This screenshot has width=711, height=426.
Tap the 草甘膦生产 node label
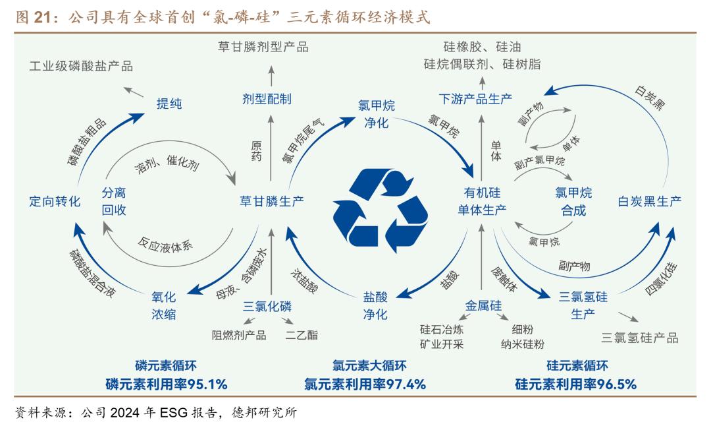click(x=271, y=201)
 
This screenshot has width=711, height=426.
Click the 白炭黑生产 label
click(x=649, y=201)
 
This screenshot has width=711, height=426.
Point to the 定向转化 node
click(x=55, y=201)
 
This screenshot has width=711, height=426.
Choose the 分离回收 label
click(x=113, y=201)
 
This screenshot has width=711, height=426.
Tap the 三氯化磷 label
click(x=267, y=306)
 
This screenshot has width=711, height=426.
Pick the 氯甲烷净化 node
click(x=376, y=114)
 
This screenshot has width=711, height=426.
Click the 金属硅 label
click(x=483, y=306)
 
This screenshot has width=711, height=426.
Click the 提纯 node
click(x=169, y=104)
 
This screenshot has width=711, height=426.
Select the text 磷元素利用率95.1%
click(x=166, y=384)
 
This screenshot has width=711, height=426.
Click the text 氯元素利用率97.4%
click(x=365, y=384)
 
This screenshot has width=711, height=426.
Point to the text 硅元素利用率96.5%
click(x=576, y=384)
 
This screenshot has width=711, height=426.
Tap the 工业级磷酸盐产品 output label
click(x=82, y=66)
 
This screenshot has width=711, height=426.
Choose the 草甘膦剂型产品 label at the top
click(x=263, y=46)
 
